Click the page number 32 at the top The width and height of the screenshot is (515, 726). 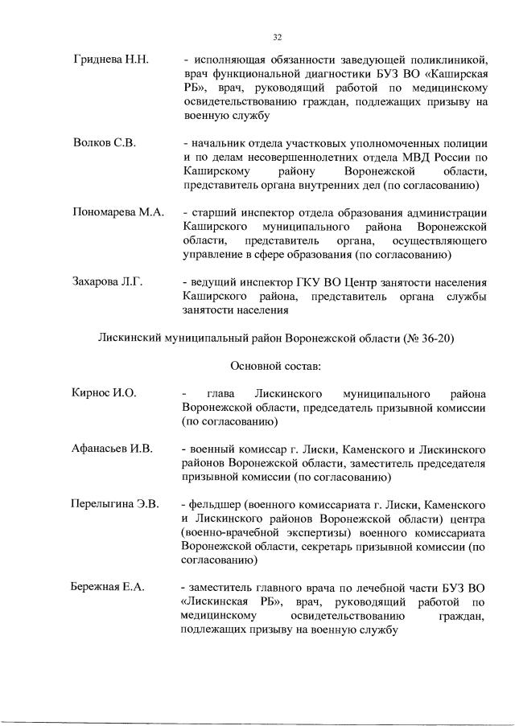pos(277,37)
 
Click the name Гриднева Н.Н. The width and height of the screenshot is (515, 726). pos(107,59)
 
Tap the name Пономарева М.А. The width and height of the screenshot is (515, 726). pos(118,212)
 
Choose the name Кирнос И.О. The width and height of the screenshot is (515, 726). pos(104,392)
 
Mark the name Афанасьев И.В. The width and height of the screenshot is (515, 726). pos(113,448)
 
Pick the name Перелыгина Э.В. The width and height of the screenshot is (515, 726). pos(116,503)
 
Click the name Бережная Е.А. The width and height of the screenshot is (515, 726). pos(108,587)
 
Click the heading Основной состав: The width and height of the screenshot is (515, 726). pos(276,366)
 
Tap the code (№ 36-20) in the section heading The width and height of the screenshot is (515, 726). pos(428,338)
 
